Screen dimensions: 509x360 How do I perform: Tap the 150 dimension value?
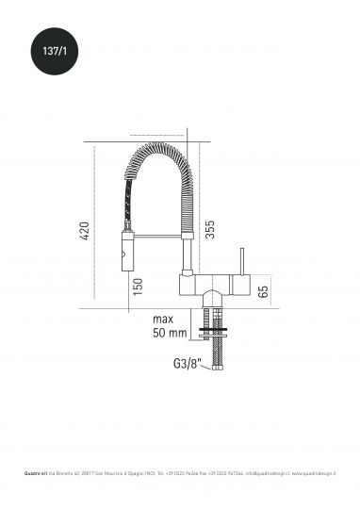[x=138, y=287]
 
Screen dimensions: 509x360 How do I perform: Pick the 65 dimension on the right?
[x=263, y=290]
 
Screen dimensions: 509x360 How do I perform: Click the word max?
[x=171, y=319]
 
